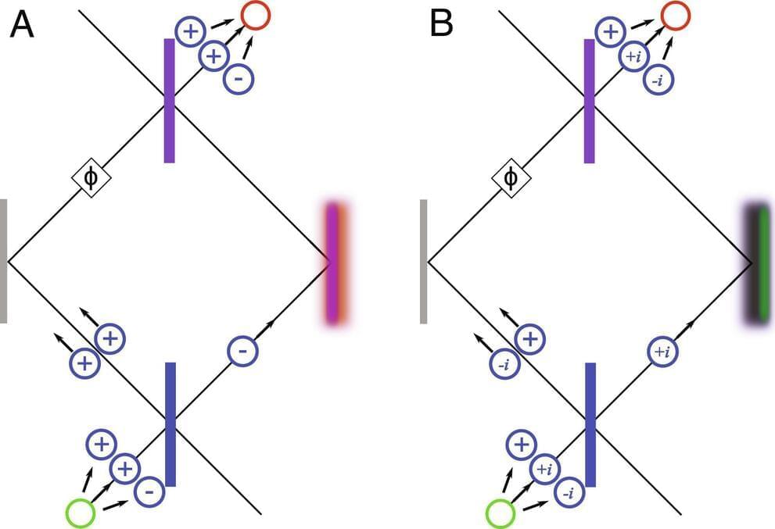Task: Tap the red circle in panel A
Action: tap(255, 14)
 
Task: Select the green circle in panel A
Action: tap(81, 513)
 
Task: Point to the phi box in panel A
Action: tap(91, 178)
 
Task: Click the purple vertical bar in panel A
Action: tap(169, 100)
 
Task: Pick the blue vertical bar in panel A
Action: tap(170, 424)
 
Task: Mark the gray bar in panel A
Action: tap(4, 260)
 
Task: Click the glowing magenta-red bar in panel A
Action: tap(334, 262)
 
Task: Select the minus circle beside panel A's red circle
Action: tap(238, 79)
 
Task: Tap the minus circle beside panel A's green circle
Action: tap(149, 492)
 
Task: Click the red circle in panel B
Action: tap(675, 14)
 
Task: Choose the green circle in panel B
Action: tap(501, 513)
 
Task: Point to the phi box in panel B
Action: tap(511, 178)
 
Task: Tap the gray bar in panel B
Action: tap(423, 260)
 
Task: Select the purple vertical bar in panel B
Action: tap(590, 100)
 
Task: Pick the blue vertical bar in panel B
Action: tap(590, 424)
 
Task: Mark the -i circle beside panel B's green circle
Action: tap(569, 493)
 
